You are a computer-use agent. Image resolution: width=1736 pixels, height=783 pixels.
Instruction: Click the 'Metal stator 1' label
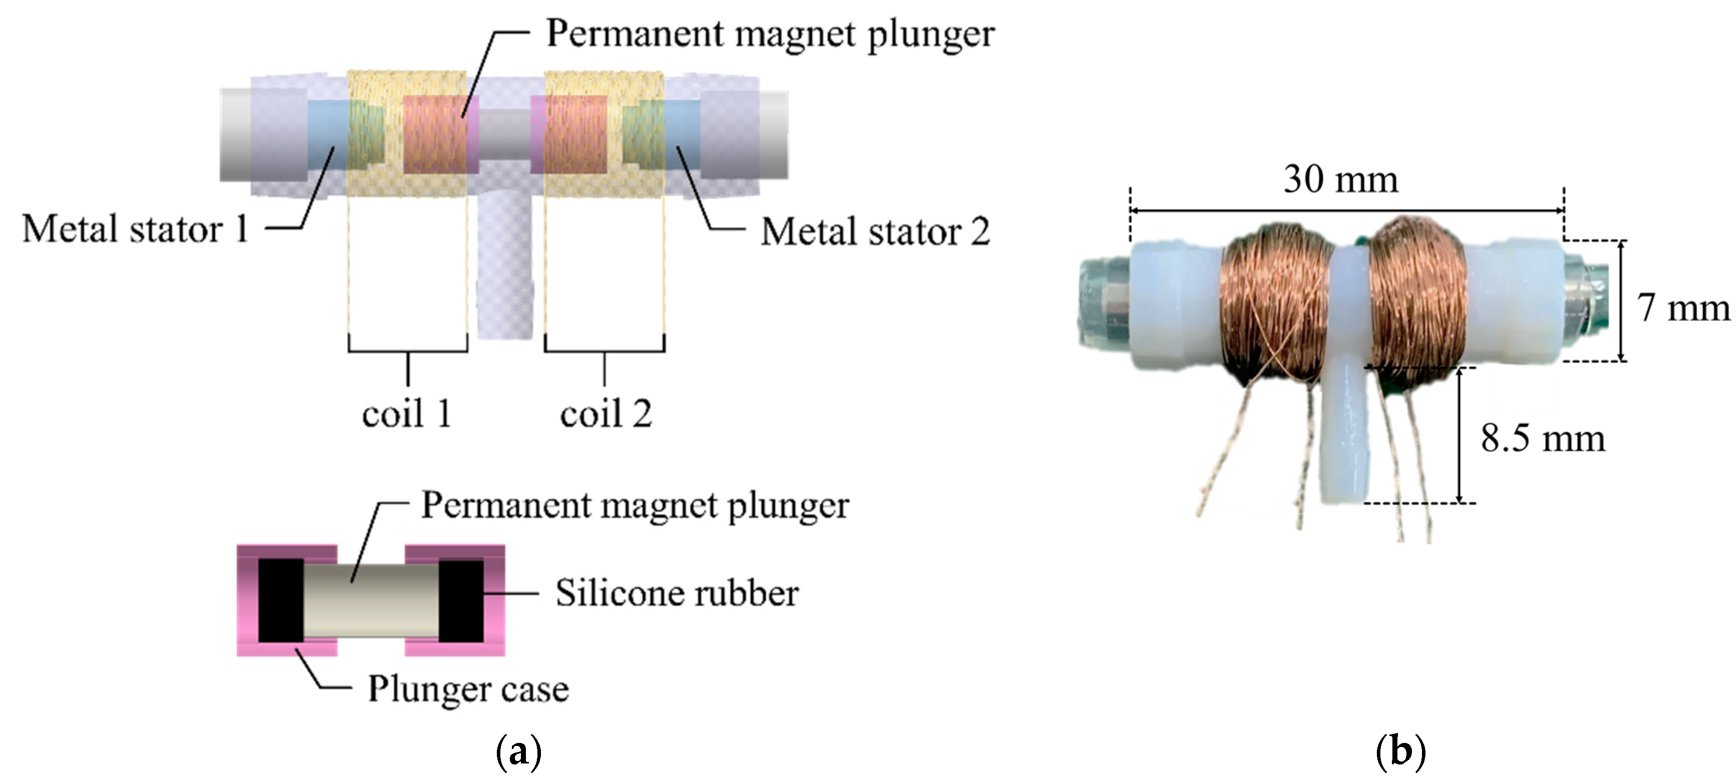coord(135,229)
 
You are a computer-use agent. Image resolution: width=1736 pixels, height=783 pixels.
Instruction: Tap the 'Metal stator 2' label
coord(875,232)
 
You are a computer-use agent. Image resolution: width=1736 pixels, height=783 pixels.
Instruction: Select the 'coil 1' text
coord(406,413)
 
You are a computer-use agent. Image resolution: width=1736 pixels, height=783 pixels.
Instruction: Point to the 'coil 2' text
coord(605,413)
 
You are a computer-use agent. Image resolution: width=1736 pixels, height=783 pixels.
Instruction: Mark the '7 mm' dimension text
coord(1683,308)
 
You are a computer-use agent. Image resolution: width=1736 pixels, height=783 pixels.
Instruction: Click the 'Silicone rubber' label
coord(677,594)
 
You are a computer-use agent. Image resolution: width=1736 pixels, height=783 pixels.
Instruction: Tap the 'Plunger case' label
coord(468,689)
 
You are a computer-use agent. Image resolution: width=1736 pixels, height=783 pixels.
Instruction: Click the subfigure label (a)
coord(518,752)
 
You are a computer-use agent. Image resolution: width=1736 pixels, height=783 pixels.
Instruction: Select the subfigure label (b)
coord(1400,752)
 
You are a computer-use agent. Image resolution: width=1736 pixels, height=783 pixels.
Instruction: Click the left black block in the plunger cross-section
coord(280,600)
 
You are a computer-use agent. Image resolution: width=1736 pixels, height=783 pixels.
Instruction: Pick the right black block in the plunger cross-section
coord(461,600)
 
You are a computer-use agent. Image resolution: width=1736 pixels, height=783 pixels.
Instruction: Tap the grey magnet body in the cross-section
coord(371,600)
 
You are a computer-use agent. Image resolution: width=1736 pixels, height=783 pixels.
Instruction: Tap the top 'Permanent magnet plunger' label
coord(770,33)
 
